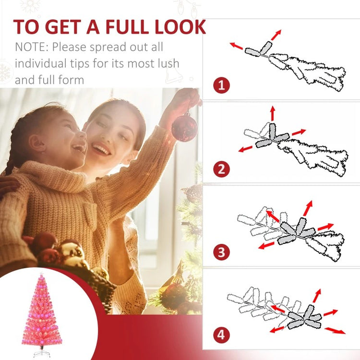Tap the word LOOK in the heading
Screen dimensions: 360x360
click(180, 27)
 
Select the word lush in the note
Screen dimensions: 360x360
click(168, 63)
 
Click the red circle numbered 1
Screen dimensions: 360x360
click(221, 85)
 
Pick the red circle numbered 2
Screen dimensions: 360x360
click(221, 169)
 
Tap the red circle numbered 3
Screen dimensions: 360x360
click(221, 252)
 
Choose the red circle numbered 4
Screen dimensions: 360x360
click(221, 335)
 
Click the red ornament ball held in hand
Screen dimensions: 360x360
click(184, 127)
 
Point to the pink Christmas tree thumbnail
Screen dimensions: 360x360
click(42, 314)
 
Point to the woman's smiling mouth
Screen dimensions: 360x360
click(101, 149)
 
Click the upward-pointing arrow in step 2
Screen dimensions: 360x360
click(273, 113)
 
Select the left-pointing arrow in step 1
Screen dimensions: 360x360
click(236, 46)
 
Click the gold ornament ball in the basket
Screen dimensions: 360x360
click(70, 252)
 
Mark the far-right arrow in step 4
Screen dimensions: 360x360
click(335, 331)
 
